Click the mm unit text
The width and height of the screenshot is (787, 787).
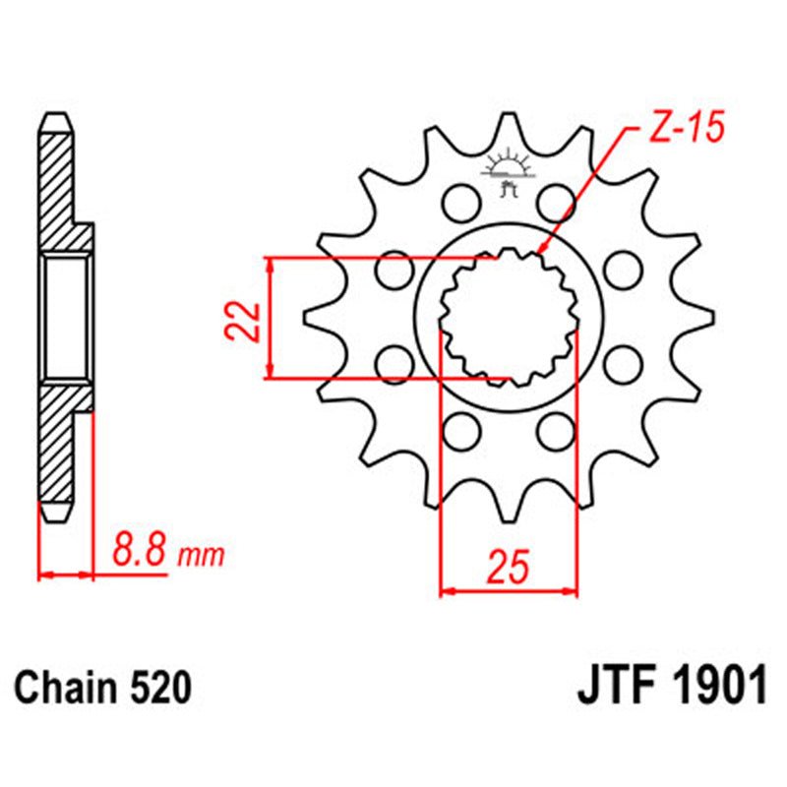(x=201, y=557)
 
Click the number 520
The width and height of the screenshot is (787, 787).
(x=156, y=688)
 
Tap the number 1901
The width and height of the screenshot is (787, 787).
(x=716, y=686)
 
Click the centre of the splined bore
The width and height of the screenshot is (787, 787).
(x=508, y=317)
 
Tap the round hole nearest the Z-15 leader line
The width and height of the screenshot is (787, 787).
(x=556, y=203)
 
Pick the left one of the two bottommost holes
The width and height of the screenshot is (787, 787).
(x=459, y=429)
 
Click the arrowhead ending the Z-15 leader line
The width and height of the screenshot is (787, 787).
(x=539, y=251)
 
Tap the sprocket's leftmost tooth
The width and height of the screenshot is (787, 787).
(x=313, y=317)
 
